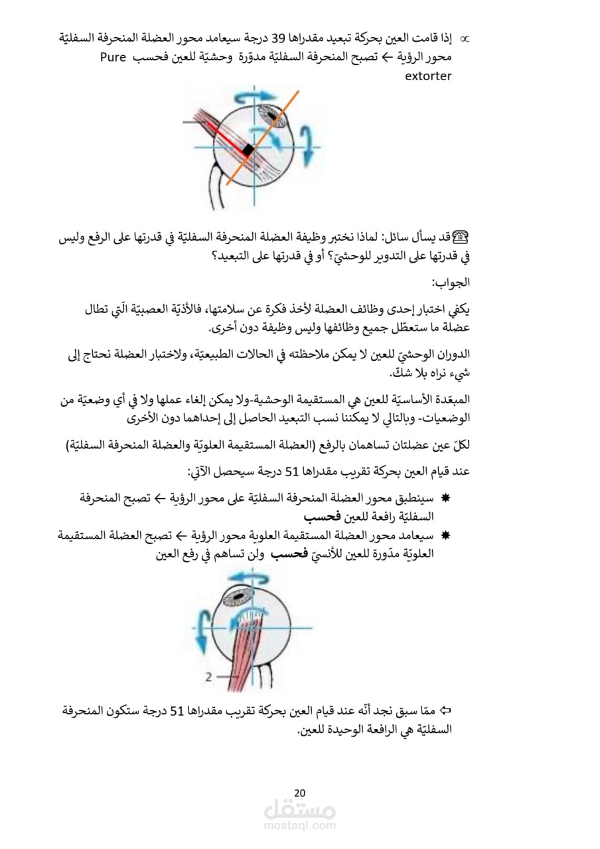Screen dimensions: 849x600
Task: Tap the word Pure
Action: (113, 57)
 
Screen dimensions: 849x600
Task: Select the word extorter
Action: (428, 76)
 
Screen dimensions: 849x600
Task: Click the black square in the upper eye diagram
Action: (248, 151)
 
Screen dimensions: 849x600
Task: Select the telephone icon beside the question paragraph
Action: (461, 235)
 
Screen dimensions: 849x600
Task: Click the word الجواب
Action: (451, 283)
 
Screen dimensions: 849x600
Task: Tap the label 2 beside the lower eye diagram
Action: (208, 677)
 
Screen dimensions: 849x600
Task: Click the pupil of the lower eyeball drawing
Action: (236, 598)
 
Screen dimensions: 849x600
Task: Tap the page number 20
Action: (299, 793)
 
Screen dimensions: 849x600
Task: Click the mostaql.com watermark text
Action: (299, 826)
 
